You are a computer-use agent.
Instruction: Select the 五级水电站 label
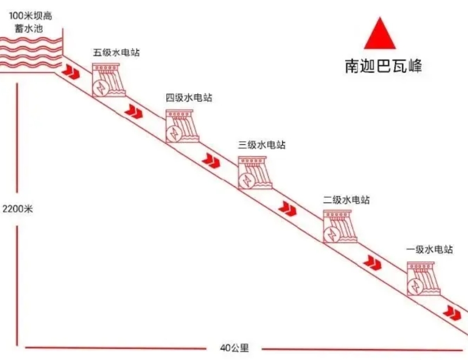pyautogui.click(x=116, y=52)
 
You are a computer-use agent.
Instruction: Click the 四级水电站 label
pyautogui.click(x=189, y=98)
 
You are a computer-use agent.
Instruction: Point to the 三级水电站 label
pyautogui.click(x=261, y=145)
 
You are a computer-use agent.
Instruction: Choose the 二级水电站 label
pyautogui.click(x=346, y=200)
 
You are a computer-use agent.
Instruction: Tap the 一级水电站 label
pyautogui.click(x=429, y=250)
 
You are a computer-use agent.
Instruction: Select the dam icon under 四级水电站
pyautogui.click(x=182, y=127)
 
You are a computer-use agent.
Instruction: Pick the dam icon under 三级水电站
pyautogui.click(x=254, y=174)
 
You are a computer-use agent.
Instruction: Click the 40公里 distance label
pyautogui.click(x=234, y=348)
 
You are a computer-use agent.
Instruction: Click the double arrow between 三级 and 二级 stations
pyautogui.click(x=287, y=209)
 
